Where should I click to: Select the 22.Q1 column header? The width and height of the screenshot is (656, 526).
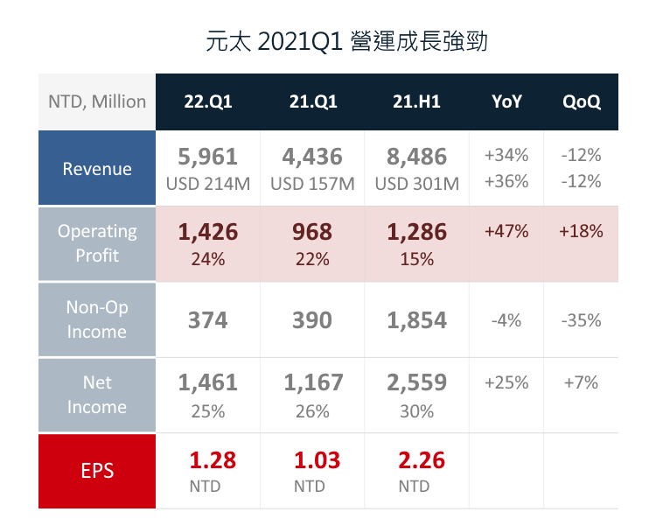207,102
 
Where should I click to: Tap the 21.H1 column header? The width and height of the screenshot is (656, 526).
416,102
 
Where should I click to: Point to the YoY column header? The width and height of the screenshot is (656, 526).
506,102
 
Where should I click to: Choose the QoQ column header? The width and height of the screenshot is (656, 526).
582,102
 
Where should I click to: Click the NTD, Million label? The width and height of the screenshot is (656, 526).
97,102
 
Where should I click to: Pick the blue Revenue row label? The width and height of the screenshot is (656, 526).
97,169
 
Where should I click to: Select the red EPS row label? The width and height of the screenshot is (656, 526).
97,471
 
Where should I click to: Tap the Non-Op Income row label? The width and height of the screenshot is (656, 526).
97,319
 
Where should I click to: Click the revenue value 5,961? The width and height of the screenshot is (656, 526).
207,158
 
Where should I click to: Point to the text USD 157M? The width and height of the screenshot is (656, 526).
312,184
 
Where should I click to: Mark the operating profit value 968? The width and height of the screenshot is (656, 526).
312,233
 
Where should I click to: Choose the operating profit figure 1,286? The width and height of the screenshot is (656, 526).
416,233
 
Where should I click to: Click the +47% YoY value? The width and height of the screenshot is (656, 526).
506,232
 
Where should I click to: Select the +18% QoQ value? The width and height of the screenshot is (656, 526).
582,232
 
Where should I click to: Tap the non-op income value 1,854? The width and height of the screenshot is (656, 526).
416,320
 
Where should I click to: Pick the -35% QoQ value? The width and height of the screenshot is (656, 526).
582,320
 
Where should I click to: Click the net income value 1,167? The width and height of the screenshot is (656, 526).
312,383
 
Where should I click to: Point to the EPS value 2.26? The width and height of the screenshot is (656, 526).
416,459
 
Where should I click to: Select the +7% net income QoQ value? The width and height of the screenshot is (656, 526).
582,382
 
